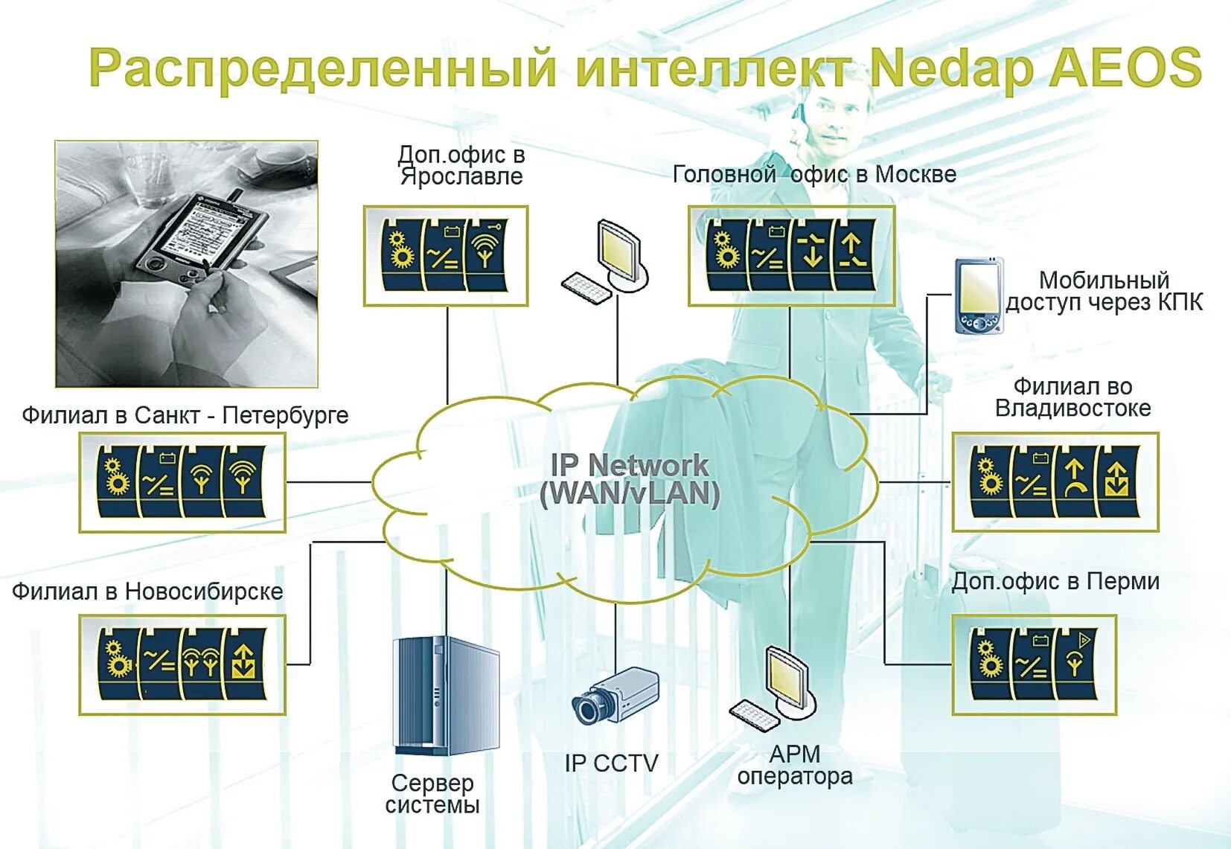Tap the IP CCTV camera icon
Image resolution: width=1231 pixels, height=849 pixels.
tap(615, 695)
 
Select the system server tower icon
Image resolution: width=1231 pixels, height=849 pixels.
tap(445, 696)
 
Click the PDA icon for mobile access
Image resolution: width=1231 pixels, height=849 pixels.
tap(977, 296)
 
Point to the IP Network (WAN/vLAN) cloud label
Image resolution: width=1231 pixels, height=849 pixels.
tap(630, 480)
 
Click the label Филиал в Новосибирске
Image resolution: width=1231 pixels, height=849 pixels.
tap(147, 592)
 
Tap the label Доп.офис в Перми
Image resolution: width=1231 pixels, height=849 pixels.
tap(1055, 581)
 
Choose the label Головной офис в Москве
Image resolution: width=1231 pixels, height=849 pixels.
tap(814, 174)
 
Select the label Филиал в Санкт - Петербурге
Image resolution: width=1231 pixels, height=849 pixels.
tap(185, 414)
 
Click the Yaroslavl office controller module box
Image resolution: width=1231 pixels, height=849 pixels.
tap(445, 256)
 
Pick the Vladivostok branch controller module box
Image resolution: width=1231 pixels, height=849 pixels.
tap(1055, 482)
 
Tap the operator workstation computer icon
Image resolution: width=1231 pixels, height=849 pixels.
tap(775, 688)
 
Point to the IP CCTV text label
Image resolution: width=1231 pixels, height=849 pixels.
tap(611, 763)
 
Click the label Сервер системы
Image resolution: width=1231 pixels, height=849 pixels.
tap(432, 794)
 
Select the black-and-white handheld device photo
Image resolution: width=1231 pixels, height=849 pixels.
tap(187, 264)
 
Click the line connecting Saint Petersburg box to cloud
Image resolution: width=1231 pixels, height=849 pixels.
tap(328, 482)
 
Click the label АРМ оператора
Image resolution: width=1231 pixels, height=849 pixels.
tap(795, 765)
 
